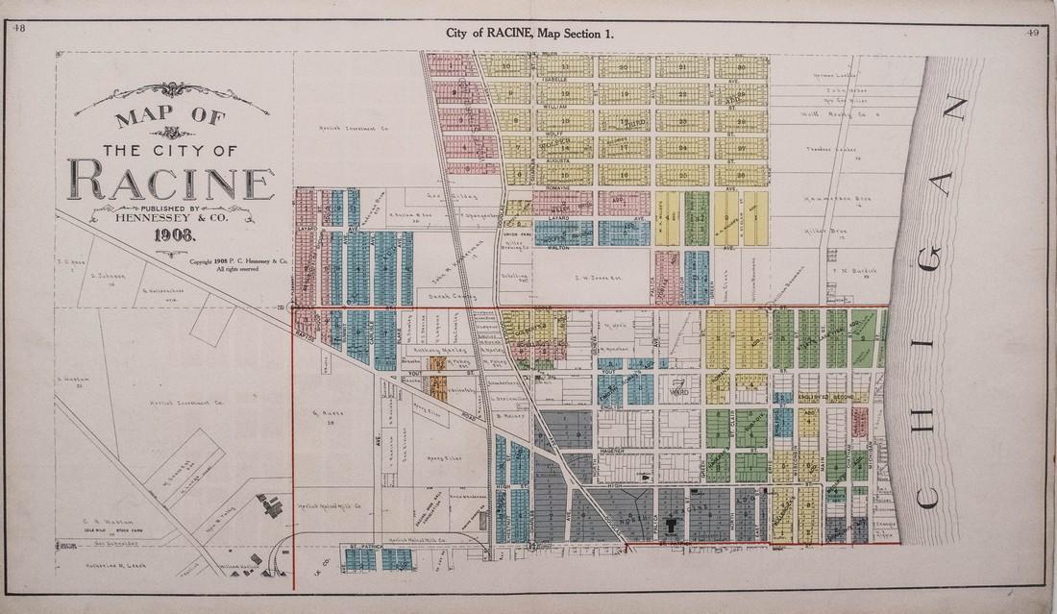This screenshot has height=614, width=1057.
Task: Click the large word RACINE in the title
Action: (x=170, y=183)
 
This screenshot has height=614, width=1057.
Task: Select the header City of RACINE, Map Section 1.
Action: (x=529, y=33)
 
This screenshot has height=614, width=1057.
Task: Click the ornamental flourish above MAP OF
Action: (x=171, y=93)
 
